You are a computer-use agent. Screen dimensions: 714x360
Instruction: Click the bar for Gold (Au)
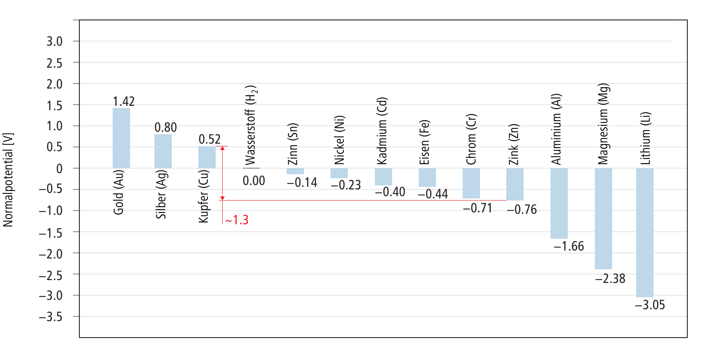click(x=121, y=138)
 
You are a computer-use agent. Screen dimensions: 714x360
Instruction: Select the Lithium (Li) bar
click(x=645, y=233)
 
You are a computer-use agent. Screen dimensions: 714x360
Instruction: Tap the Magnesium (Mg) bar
click(x=603, y=219)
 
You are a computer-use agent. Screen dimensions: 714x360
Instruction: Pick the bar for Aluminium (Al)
click(x=559, y=203)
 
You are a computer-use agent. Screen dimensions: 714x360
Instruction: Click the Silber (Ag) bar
click(x=163, y=151)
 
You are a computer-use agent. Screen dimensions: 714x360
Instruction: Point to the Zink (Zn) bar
click(x=515, y=184)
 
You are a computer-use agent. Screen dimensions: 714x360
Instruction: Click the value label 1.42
click(x=124, y=102)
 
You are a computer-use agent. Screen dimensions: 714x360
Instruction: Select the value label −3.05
click(x=650, y=305)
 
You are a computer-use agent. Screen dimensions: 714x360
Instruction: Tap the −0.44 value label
click(x=433, y=194)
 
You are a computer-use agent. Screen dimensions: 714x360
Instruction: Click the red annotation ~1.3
click(x=237, y=220)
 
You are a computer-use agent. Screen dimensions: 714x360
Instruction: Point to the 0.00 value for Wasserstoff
click(x=254, y=181)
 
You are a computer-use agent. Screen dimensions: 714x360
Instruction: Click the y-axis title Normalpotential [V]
click(x=8, y=180)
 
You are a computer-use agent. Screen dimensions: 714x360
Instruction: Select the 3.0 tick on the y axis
click(x=54, y=41)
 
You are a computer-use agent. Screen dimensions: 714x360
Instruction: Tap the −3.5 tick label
click(x=51, y=317)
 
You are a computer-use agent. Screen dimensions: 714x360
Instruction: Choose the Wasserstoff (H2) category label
click(x=251, y=125)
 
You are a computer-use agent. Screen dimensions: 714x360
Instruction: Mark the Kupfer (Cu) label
click(x=204, y=197)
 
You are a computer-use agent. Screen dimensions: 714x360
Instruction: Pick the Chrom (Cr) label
click(x=471, y=139)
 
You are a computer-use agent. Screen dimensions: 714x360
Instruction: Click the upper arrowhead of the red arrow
click(x=223, y=148)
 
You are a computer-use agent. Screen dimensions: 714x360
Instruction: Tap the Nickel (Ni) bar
click(x=339, y=173)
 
